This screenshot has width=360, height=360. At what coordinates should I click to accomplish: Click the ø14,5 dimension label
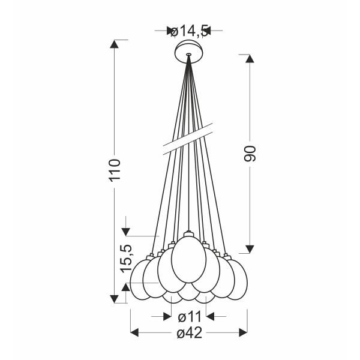[x=190, y=31]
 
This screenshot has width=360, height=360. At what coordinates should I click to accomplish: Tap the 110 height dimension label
[x=115, y=170]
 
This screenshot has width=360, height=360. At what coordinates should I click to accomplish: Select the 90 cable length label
[x=250, y=154]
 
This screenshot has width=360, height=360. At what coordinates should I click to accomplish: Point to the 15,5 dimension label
[x=127, y=259]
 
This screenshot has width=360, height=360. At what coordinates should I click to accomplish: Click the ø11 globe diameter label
[x=190, y=317]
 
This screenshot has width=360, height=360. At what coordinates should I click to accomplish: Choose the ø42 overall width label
[x=190, y=332]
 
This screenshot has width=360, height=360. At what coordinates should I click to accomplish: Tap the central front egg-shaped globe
[x=189, y=259]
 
